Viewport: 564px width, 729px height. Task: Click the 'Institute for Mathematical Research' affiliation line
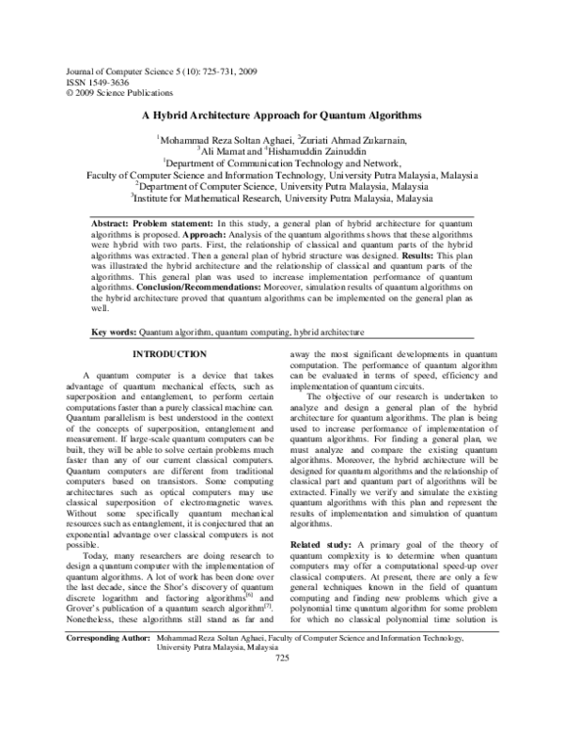pos(282,199)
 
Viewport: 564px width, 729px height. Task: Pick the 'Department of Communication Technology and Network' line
pos(282,163)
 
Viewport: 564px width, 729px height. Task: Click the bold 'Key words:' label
pos(113,333)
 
